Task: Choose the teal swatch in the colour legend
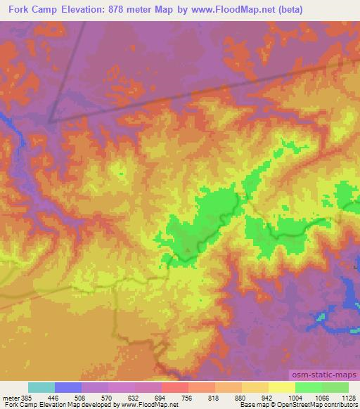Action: click(41, 387)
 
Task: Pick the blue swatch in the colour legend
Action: click(68, 387)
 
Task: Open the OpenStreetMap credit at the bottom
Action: click(307, 405)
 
